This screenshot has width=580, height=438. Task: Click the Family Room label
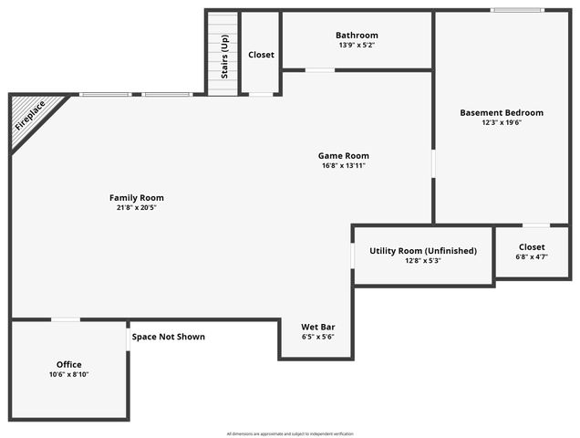(x=137, y=198)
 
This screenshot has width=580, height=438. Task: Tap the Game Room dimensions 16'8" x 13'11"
(x=344, y=166)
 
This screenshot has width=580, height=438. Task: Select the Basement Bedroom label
(x=501, y=113)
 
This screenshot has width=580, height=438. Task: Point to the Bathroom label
(x=357, y=36)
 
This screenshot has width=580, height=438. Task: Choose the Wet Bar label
(x=318, y=327)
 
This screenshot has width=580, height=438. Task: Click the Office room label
(x=69, y=364)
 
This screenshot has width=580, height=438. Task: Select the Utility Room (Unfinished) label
(x=422, y=251)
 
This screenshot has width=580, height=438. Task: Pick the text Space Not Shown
(x=169, y=337)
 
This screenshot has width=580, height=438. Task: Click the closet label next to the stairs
(x=261, y=55)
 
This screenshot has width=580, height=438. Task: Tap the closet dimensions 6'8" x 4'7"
(x=532, y=257)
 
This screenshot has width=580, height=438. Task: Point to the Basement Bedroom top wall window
(x=518, y=11)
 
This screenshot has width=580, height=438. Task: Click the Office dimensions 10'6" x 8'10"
(x=69, y=374)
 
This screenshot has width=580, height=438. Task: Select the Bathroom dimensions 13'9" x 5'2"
(x=357, y=46)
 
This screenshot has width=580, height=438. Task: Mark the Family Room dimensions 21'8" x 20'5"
(x=137, y=208)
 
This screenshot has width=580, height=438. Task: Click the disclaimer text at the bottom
(x=290, y=433)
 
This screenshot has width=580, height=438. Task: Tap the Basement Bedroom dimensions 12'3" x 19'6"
(x=501, y=123)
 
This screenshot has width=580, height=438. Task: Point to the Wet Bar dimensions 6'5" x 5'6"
(x=318, y=337)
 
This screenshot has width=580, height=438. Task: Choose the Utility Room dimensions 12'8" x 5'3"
(x=422, y=261)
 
